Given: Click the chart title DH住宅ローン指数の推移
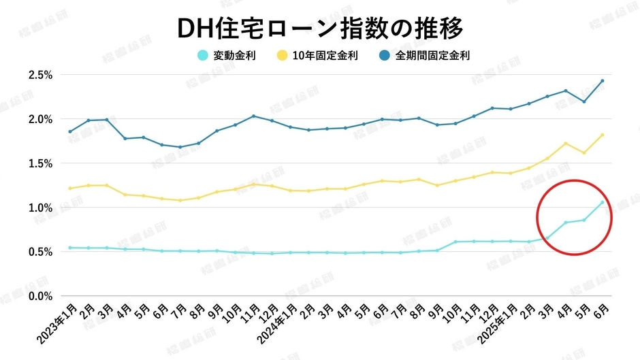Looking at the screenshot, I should tap(319, 29).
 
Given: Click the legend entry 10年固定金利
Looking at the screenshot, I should tap(324, 56).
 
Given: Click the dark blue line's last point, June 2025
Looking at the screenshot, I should tap(603, 81).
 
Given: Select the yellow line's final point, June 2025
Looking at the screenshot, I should tap(603, 135).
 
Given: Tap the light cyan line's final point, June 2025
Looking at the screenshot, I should tap(603, 202).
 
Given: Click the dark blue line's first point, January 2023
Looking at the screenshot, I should tap(70, 131).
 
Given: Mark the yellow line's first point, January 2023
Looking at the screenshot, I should tap(70, 189).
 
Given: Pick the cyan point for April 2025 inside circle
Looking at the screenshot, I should tap(566, 223).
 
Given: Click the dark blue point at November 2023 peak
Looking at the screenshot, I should tap(254, 116).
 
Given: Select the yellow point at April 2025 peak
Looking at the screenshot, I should tap(566, 144).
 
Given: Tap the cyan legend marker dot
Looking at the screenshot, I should tap(202, 56).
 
